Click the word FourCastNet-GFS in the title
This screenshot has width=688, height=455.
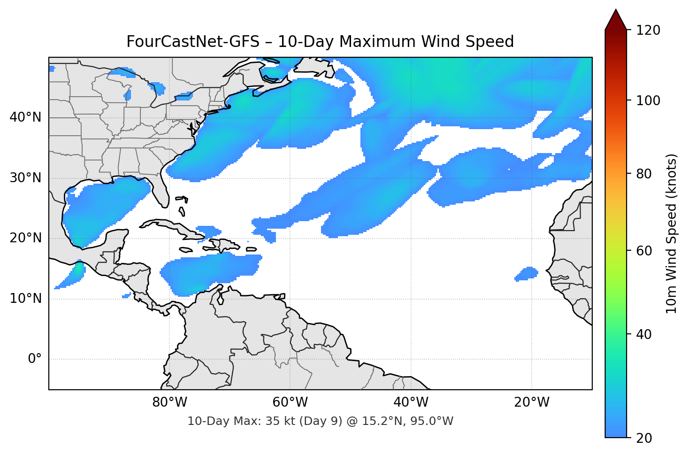(x=192, y=42)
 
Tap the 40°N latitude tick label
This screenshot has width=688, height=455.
(x=25, y=117)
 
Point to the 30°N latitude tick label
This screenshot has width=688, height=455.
(x=25, y=177)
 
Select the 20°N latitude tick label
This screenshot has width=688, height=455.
(x=25, y=238)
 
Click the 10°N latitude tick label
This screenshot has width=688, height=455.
(x=25, y=299)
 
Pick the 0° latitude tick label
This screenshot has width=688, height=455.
(x=35, y=359)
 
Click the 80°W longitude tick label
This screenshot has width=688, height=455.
(x=170, y=402)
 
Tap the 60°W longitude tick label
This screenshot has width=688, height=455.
(x=290, y=402)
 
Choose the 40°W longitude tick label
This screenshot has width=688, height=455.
(x=411, y=402)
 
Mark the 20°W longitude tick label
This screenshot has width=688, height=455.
(x=532, y=402)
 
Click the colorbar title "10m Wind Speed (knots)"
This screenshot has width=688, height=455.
(x=672, y=234)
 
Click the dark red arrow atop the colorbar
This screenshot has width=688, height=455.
(x=616, y=20)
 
